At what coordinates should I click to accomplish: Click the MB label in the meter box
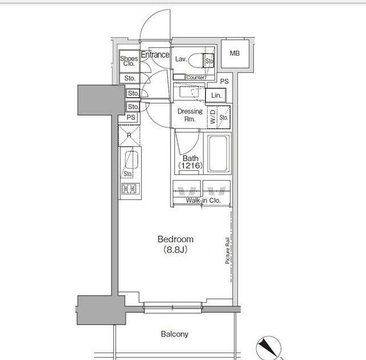234,53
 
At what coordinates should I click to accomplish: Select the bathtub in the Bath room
218,153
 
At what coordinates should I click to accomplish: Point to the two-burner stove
130,189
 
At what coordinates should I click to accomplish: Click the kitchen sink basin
132,160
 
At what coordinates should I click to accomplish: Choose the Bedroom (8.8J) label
176,245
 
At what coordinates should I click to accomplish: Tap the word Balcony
174,334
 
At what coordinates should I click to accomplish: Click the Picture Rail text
228,250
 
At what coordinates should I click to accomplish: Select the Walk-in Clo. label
203,200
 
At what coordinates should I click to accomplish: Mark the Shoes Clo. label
129,61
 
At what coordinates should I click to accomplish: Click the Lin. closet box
216,95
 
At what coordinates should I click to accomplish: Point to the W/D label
213,117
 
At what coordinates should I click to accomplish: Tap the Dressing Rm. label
190,115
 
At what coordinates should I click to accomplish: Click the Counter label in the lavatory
196,77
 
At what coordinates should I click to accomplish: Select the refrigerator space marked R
129,135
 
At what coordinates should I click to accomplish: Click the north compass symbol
268,348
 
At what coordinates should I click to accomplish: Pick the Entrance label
155,54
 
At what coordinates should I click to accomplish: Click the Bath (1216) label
190,162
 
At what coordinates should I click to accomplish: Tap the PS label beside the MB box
224,81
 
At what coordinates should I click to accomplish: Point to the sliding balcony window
173,307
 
